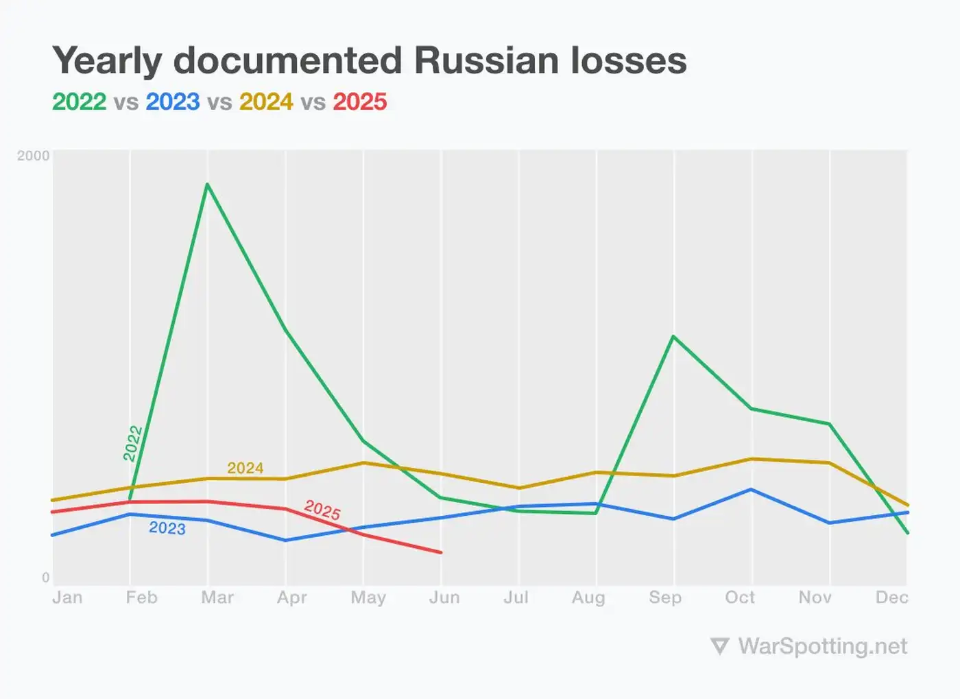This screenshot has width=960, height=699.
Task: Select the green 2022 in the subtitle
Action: click(x=80, y=102)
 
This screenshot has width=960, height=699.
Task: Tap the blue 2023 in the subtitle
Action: click(x=173, y=102)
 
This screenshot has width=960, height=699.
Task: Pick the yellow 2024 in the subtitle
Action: click(x=266, y=102)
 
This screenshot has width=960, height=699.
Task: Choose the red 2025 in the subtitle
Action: click(x=360, y=102)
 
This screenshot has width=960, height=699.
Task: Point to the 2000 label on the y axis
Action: click(x=33, y=156)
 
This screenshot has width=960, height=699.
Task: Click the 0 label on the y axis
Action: click(x=45, y=578)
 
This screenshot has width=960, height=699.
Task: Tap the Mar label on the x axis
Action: click(x=217, y=597)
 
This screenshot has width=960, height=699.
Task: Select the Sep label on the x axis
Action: click(x=665, y=597)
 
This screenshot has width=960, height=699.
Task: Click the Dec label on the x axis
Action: click(x=891, y=597)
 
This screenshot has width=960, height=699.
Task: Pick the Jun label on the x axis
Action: click(x=444, y=597)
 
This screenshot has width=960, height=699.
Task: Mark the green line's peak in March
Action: click(x=207, y=184)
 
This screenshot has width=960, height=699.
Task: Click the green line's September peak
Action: click(x=674, y=336)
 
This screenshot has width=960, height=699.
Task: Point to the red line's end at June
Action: click(x=441, y=552)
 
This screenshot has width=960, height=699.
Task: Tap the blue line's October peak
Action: click(x=752, y=489)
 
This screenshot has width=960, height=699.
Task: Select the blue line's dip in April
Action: click(x=285, y=541)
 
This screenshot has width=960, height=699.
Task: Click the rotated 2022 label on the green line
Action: click(x=133, y=443)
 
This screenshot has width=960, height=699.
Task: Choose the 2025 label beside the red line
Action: click(x=322, y=510)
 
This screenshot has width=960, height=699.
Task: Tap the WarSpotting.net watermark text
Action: click(x=822, y=646)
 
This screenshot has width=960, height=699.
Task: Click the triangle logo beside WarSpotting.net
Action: click(x=719, y=646)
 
